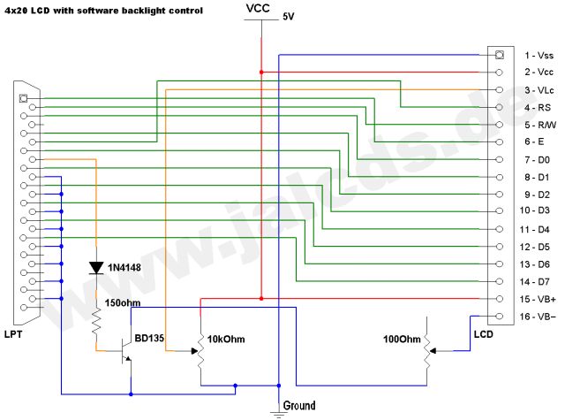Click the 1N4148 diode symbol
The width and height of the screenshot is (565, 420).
96,268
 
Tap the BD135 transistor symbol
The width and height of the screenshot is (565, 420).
125,351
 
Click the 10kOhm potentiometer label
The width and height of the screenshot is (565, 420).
226,340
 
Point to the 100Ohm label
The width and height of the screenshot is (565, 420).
402,340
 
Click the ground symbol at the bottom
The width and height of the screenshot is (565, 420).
279,414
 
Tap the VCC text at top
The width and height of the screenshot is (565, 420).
258,8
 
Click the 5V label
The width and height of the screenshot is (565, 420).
289,17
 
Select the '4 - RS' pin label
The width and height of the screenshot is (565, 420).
538,108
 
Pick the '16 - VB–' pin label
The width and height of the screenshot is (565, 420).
538,317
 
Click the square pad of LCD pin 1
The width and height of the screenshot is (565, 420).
499,55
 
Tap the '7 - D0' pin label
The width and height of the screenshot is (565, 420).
538,159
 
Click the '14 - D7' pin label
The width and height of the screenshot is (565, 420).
535,281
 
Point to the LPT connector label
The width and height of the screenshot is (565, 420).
13,334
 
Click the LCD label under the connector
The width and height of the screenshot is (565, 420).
483,334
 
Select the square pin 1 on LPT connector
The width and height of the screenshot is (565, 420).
24,98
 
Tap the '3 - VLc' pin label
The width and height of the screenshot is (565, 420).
539,90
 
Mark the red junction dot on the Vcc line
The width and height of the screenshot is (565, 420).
261,73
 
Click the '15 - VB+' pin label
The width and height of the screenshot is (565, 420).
538,299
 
